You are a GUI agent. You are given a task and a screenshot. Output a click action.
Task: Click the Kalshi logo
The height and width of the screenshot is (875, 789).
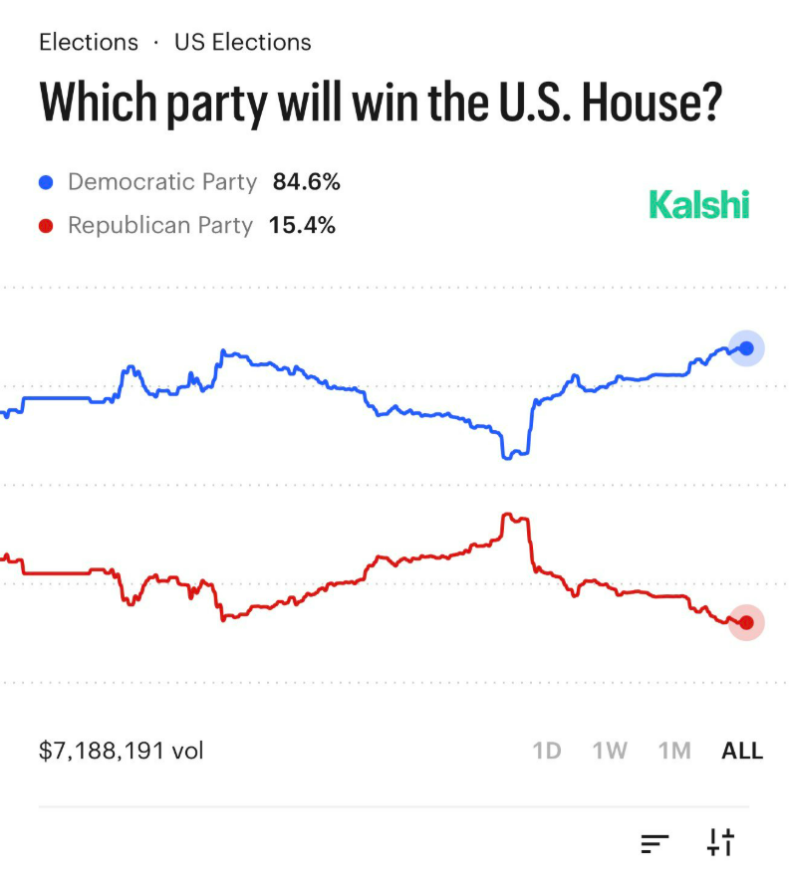(698, 204)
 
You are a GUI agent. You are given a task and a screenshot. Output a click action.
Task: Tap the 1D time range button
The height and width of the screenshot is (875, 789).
(547, 751)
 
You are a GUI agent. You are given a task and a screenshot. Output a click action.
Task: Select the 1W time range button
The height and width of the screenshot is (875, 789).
(610, 751)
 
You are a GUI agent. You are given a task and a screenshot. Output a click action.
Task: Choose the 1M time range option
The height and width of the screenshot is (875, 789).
(674, 751)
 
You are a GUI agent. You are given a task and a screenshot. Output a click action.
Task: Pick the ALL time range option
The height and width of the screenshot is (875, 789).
(742, 751)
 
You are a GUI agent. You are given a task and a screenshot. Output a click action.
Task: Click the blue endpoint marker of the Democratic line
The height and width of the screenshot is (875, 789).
(746, 347)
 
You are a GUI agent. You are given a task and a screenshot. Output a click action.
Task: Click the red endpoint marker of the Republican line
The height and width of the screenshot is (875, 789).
(746, 622)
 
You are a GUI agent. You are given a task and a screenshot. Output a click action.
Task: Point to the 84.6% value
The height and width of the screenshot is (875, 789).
(307, 182)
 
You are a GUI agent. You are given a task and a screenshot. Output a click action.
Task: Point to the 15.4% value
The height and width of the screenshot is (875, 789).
(302, 226)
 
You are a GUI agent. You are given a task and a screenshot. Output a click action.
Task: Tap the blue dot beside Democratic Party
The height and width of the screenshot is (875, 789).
(45, 182)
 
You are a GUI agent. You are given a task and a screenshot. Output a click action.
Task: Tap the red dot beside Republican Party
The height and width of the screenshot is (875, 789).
(45, 226)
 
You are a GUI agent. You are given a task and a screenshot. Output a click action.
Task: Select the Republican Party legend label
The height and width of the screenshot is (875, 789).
(160, 226)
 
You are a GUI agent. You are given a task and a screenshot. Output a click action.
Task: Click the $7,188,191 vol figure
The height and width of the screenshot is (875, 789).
(121, 751)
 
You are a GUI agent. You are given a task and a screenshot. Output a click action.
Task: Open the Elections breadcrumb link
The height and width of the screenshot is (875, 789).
(89, 43)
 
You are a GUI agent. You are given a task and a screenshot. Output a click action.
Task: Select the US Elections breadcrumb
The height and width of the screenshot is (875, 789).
(242, 43)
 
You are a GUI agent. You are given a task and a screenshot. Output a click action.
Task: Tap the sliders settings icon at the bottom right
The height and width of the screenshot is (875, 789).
(720, 842)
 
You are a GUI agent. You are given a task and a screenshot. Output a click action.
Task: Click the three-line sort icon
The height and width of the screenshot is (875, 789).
(655, 843)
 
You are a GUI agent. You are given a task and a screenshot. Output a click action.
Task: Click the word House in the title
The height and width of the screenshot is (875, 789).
(646, 103)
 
